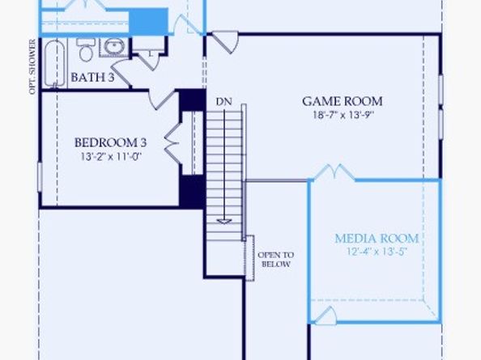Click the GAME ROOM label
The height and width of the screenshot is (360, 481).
coord(343,101)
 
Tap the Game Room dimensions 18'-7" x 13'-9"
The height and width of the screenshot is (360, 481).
coord(343,115)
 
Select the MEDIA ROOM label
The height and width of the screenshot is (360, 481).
coord(377,239)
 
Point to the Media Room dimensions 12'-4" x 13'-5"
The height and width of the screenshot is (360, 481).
coord(377,252)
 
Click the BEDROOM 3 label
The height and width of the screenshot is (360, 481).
coord(110,142)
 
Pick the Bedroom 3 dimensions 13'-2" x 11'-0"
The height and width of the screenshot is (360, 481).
coord(111,157)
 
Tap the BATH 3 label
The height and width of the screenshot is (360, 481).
coord(92,78)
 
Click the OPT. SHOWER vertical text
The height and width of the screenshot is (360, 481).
coord(32,67)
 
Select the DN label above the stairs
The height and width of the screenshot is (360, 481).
coord(224,102)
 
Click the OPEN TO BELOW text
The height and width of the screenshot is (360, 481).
coord(276,260)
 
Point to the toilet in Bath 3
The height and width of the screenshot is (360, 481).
coord(86,49)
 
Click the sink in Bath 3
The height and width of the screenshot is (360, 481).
coord(114,47)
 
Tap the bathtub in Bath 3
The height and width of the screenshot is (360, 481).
coord(54,64)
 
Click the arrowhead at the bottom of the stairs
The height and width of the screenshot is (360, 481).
coord(224,221)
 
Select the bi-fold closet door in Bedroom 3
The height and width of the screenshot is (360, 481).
coord(172,142)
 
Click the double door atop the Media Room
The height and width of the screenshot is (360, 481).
coord(334,172)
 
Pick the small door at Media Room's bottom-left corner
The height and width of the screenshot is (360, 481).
coord(326,316)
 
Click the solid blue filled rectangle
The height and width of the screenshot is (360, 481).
coord(148,20)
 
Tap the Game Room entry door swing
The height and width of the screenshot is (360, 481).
coord(225,42)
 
